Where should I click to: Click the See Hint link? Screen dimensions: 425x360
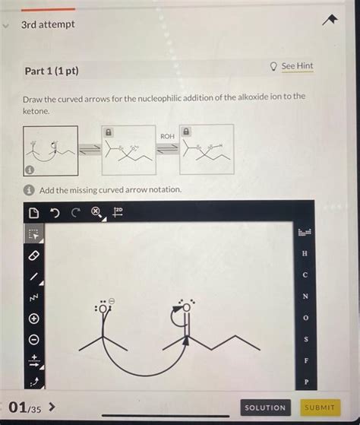297,66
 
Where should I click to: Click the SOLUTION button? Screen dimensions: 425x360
265,408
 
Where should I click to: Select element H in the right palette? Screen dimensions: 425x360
305,253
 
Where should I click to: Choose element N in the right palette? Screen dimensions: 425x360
305,296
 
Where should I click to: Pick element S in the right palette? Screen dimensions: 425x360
305,338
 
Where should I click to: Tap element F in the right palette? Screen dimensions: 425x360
305,360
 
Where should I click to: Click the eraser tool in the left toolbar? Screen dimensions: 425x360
33,256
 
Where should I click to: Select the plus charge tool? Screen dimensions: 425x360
33,319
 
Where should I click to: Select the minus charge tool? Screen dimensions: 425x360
33,340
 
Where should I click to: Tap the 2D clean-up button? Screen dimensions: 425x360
118,211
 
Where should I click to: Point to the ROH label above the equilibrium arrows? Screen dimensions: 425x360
167,135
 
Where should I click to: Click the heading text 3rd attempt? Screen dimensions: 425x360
48,24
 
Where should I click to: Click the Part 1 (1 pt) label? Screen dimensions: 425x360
51,71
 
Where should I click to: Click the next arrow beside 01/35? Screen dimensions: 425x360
52,408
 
